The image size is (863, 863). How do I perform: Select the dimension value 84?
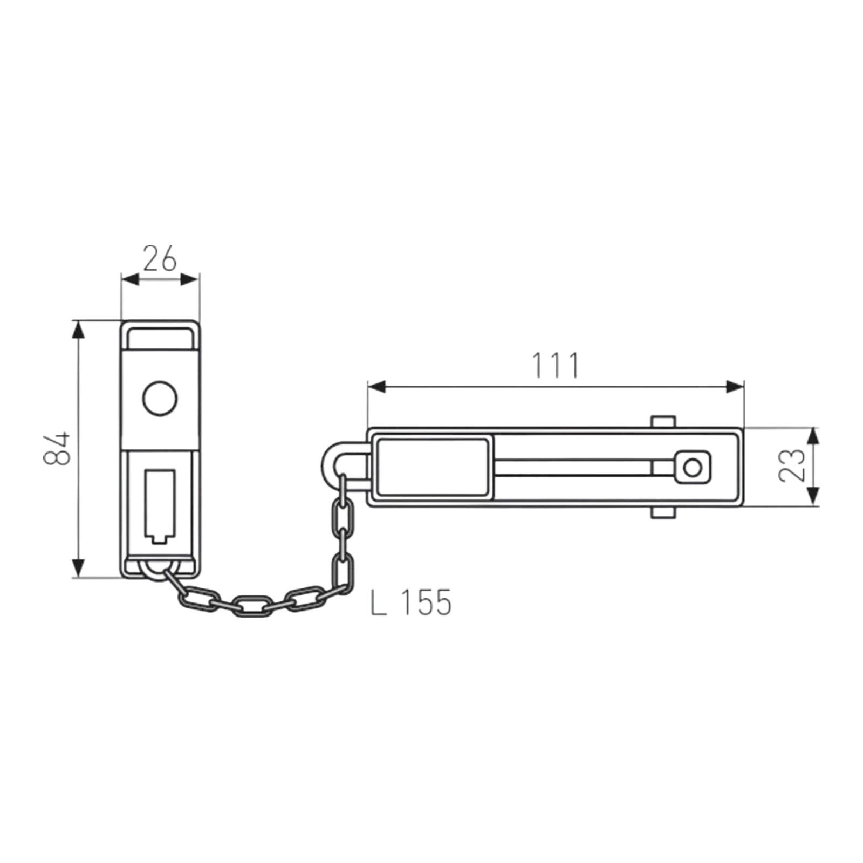57,448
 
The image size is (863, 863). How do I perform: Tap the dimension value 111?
556,365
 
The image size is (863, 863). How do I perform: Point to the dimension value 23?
792,465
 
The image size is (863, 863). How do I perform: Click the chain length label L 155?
411,602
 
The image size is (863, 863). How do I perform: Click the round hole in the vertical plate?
160,399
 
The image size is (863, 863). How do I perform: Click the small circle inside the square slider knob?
693,467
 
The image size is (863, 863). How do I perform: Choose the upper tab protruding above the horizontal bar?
663,422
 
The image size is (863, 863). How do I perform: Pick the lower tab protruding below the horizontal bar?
663,512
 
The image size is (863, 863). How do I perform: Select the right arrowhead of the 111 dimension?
735,387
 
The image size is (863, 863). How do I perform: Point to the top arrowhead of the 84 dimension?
79,330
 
